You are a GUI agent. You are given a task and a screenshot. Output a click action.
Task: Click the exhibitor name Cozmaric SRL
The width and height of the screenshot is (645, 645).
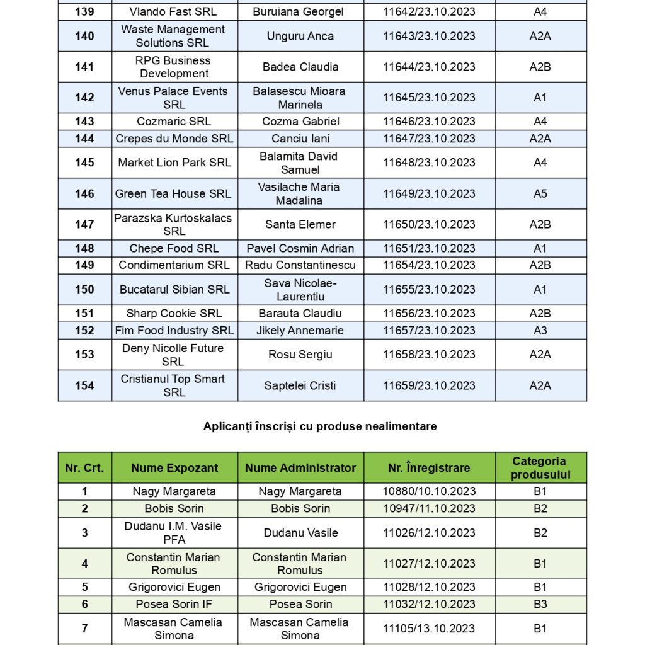(x=174, y=122)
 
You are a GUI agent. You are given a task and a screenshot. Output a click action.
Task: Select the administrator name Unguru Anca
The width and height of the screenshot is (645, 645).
(x=300, y=36)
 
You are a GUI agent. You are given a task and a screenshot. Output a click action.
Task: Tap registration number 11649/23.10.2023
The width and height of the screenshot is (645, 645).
(x=429, y=193)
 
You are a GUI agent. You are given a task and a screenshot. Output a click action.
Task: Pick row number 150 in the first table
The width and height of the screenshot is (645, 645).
(x=84, y=290)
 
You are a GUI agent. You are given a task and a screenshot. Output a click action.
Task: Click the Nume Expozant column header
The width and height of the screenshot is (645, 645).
(x=174, y=468)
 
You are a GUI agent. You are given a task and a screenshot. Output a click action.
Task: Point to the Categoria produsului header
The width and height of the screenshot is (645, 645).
(x=540, y=468)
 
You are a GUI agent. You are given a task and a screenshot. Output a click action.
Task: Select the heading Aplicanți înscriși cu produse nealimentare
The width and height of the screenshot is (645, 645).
(x=320, y=426)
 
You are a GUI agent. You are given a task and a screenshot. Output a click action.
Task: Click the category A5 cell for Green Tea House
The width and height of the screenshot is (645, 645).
(x=540, y=193)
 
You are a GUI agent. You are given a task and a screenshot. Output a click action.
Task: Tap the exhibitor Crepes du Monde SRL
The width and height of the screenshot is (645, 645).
(x=174, y=139)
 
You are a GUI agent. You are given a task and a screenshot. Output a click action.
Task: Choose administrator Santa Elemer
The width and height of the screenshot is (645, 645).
(x=300, y=224)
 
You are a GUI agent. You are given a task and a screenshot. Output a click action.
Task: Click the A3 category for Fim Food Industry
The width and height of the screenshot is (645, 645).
(x=540, y=331)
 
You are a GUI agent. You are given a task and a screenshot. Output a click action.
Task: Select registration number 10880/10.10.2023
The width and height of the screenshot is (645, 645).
(x=429, y=491)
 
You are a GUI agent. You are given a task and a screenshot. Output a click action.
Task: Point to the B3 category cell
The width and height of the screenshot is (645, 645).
(x=540, y=604)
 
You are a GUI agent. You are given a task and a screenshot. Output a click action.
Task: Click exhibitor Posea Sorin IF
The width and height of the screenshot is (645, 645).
(x=174, y=604)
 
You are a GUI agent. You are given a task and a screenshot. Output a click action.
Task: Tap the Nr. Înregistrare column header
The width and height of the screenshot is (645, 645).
(x=429, y=468)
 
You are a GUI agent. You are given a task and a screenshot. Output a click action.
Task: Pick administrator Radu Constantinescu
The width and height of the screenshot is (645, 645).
(x=300, y=265)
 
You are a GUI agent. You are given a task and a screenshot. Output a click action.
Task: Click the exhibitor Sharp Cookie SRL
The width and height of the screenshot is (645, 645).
(x=174, y=314)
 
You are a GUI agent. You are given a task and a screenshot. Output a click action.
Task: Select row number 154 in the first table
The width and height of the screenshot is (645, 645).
(x=84, y=385)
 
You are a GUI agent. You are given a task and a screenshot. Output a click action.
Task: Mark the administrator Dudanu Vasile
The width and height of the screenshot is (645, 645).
(x=300, y=533)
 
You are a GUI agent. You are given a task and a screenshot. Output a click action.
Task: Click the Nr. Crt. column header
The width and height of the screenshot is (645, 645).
(x=84, y=468)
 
